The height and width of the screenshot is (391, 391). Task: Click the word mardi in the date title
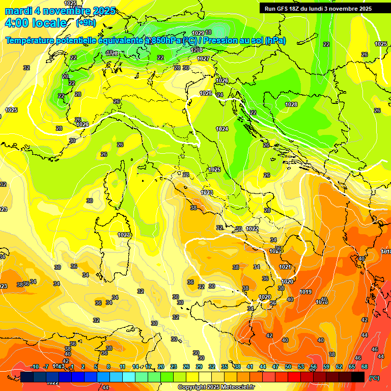(19, 11)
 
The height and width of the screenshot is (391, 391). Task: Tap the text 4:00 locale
(35, 23)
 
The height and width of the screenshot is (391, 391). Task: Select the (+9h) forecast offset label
(85, 23)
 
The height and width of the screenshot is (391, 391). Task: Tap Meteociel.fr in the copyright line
(234, 387)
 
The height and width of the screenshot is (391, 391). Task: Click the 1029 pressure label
(198, 33)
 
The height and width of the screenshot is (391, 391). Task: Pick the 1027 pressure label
(203, 59)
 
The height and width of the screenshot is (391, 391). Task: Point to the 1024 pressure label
(221, 129)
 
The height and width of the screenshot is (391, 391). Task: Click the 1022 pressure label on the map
(252, 229)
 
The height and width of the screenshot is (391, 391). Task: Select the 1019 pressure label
(305, 292)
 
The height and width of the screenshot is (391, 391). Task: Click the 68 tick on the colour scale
(365, 367)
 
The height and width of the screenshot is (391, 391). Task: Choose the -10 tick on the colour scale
(35, 367)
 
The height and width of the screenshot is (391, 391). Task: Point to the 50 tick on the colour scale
(288, 367)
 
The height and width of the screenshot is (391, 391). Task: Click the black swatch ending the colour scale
(358, 377)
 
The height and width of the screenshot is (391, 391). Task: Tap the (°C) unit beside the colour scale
(374, 377)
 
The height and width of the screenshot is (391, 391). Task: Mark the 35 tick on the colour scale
(225, 367)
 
